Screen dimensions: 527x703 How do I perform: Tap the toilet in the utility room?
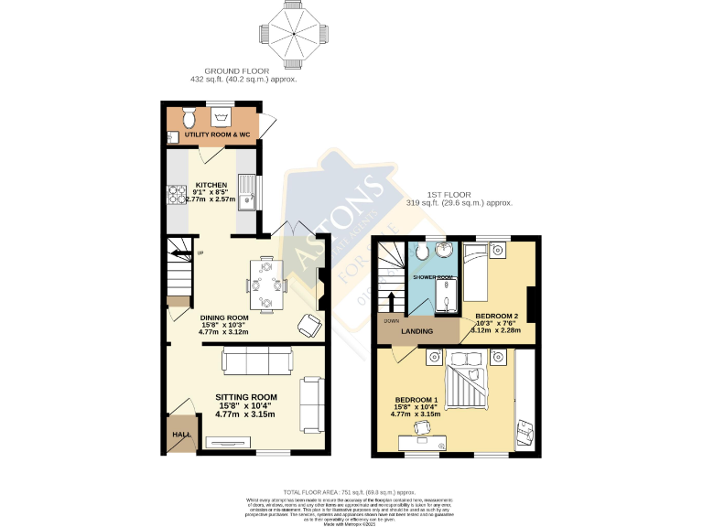[x=189, y=117]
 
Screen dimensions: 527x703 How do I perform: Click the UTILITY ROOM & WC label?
[x=217, y=135]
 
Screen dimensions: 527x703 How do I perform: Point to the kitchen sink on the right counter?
[x=246, y=196]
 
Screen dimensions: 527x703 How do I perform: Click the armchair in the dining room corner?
[x=309, y=325]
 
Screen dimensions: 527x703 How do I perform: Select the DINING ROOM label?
[x=225, y=317]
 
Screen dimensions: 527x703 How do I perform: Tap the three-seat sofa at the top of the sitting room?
[x=257, y=361]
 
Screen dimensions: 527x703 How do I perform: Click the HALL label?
[x=180, y=435]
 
